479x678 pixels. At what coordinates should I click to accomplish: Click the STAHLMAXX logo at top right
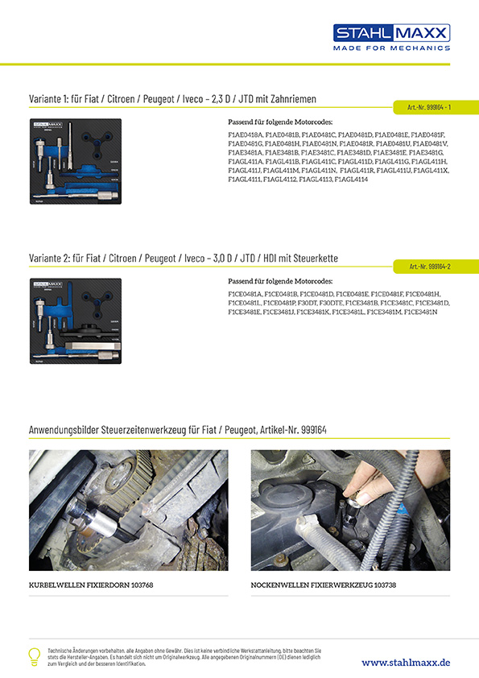tap(392, 33)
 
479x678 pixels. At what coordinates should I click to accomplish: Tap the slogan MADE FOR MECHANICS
tap(392, 48)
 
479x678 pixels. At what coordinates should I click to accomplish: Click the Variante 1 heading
tap(171, 99)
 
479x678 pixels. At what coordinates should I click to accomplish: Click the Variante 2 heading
tap(183, 258)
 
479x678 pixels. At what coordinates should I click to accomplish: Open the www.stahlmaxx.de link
tap(406, 662)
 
